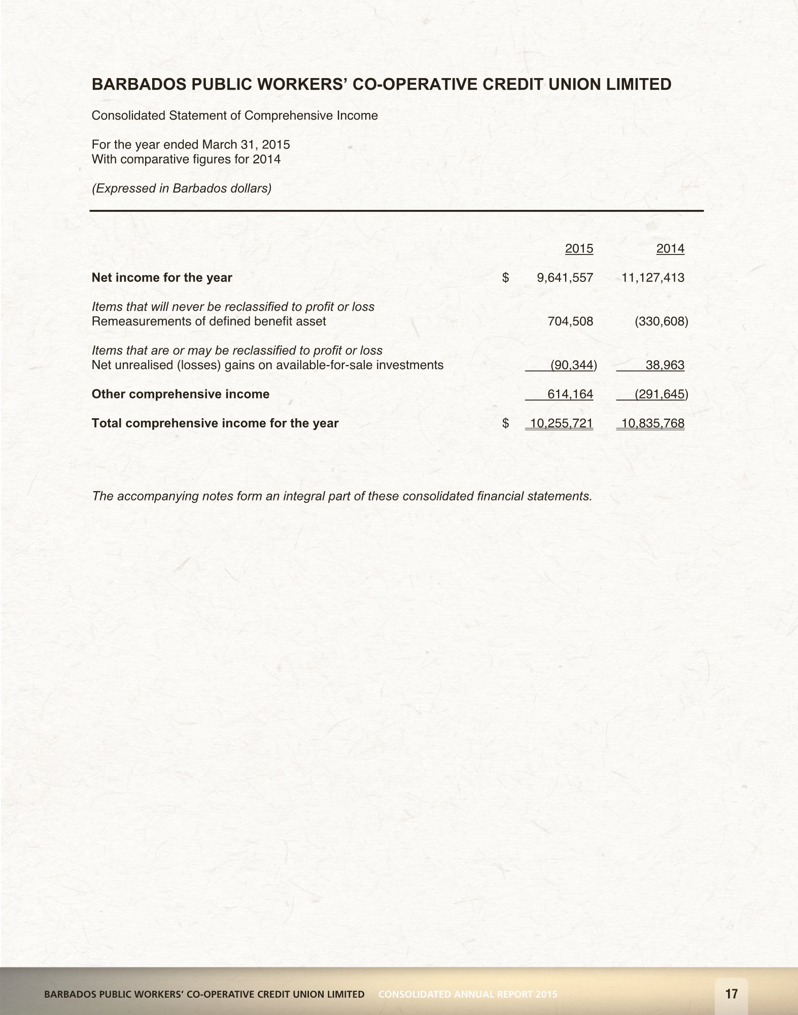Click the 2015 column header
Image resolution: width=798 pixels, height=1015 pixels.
click(x=579, y=248)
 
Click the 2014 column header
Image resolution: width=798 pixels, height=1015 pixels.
click(x=670, y=248)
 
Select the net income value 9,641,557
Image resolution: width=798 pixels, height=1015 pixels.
click(x=565, y=277)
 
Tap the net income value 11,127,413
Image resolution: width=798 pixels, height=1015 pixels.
click(x=652, y=277)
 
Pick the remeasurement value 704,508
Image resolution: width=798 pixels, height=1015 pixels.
click(x=570, y=321)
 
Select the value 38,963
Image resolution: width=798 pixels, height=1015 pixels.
click(x=665, y=365)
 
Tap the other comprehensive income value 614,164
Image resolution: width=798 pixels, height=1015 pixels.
click(x=570, y=394)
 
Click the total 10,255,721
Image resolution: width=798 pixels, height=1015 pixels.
click(x=561, y=423)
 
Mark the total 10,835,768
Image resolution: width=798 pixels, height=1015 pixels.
click(x=652, y=423)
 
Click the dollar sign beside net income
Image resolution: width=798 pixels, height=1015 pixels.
click(x=505, y=277)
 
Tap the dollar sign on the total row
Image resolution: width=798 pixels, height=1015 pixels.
click(x=505, y=423)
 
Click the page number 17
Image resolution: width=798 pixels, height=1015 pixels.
click(x=732, y=994)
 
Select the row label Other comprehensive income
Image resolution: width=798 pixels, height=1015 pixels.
click(x=180, y=394)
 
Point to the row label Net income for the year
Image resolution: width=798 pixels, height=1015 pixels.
click(x=162, y=277)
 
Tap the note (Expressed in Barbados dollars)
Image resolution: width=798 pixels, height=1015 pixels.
click(x=182, y=188)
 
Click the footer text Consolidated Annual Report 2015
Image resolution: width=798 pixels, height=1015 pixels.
click(x=468, y=994)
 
